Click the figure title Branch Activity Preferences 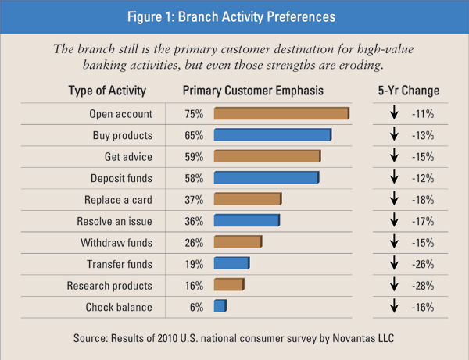click(x=234, y=16)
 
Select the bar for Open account click(x=281, y=114)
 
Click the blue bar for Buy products click(x=272, y=135)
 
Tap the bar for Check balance click(x=220, y=307)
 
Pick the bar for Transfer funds click(x=231, y=264)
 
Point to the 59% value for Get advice click(x=193, y=157)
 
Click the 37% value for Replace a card click(x=193, y=200)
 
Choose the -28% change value click(x=422, y=286)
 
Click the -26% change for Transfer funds click(x=422, y=264)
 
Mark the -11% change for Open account click(x=422, y=114)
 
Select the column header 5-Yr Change click(x=407, y=91)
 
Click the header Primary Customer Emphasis click(x=252, y=91)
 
